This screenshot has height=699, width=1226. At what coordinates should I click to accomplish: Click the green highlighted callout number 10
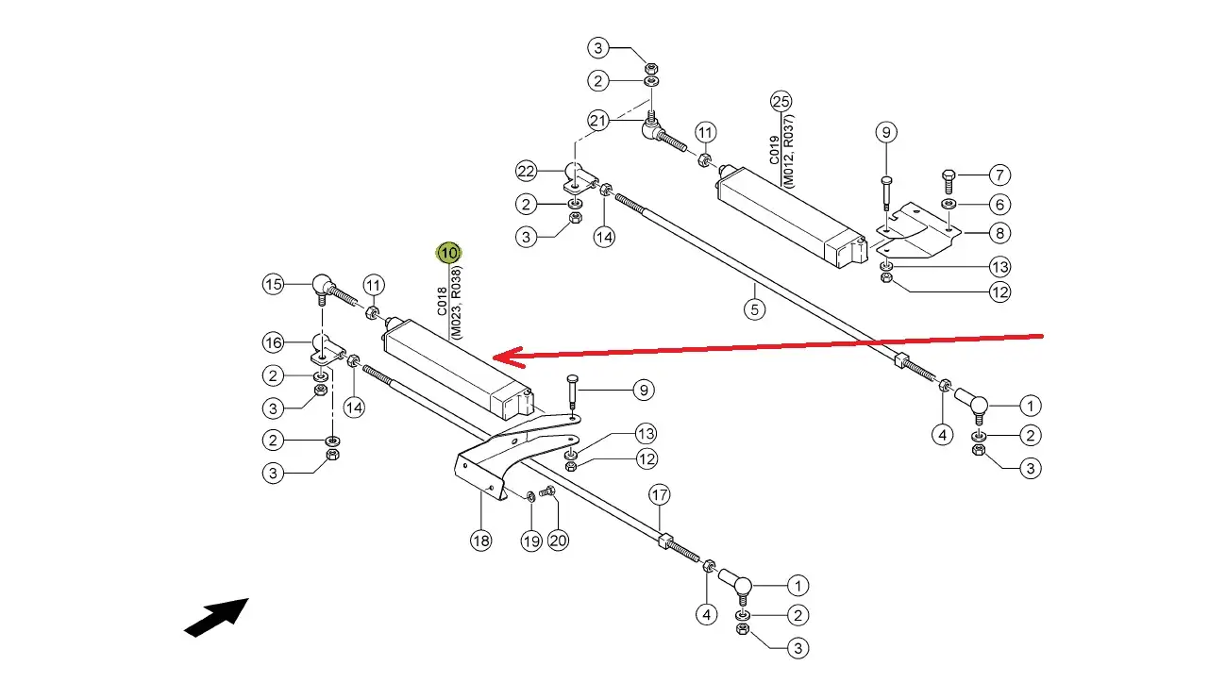pyautogui.click(x=448, y=253)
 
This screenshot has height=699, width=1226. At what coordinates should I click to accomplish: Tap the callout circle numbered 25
pyautogui.click(x=781, y=102)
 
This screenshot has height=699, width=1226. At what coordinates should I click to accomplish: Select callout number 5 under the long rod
pyautogui.click(x=754, y=309)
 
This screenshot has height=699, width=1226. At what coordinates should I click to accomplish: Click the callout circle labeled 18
pyautogui.click(x=480, y=541)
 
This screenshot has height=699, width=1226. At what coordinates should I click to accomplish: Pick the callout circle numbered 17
pyautogui.click(x=659, y=495)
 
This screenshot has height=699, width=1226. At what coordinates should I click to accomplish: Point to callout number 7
pyautogui.click(x=999, y=175)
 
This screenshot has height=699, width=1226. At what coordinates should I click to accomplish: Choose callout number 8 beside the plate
pyautogui.click(x=999, y=233)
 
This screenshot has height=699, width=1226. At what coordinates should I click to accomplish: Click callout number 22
pyautogui.click(x=526, y=172)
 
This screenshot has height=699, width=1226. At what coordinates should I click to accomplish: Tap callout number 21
pyautogui.click(x=597, y=121)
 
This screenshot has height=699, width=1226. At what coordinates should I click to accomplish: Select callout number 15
pyautogui.click(x=273, y=285)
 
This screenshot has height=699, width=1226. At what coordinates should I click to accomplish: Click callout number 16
pyautogui.click(x=273, y=343)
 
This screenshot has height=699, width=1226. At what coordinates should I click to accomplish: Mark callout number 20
pyautogui.click(x=558, y=541)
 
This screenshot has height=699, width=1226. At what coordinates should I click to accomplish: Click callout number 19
pyautogui.click(x=531, y=541)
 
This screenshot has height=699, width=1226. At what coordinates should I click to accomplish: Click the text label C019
pyautogui.click(x=773, y=150)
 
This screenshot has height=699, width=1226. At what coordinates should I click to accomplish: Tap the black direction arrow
pyautogui.click(x=216, y=618)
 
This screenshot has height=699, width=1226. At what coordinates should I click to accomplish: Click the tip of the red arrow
pyautogui.click(x=493, y=358)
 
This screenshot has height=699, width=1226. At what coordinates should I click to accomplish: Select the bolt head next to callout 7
pyautogui.click(x=949, y=176)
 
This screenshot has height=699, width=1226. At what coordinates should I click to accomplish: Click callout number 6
pyautogui.click(x=999, y=205)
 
